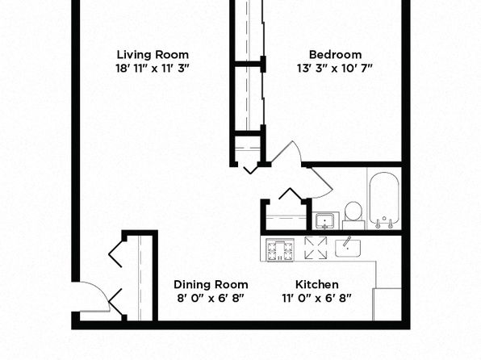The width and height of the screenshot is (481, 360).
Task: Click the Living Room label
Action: point(153,55)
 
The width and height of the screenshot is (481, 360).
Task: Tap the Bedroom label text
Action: point(335,55)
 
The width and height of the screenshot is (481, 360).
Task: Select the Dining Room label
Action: point(211,284)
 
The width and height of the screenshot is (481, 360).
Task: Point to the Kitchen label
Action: point(317,284)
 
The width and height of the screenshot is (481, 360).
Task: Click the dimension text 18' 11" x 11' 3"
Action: point(153,68)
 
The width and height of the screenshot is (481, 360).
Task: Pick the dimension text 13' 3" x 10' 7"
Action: point(335,68)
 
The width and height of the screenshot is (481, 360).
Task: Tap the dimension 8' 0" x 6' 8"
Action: point(211,298)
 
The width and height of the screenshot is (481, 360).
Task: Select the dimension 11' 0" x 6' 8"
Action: point(316,298)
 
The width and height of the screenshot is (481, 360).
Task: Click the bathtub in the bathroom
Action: point(384,199)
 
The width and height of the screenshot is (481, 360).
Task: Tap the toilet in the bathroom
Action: point(353,215)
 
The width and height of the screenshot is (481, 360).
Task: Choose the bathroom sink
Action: point(325,220)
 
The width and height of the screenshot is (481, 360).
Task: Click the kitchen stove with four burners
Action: point(280,250)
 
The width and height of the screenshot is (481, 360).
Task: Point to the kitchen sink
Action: point(348,248)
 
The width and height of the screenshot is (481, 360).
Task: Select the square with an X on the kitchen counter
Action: point(316,248)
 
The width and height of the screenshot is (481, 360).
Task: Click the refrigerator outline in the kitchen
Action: point(387,304)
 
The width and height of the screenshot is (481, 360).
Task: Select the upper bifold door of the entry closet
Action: point(115,253)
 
